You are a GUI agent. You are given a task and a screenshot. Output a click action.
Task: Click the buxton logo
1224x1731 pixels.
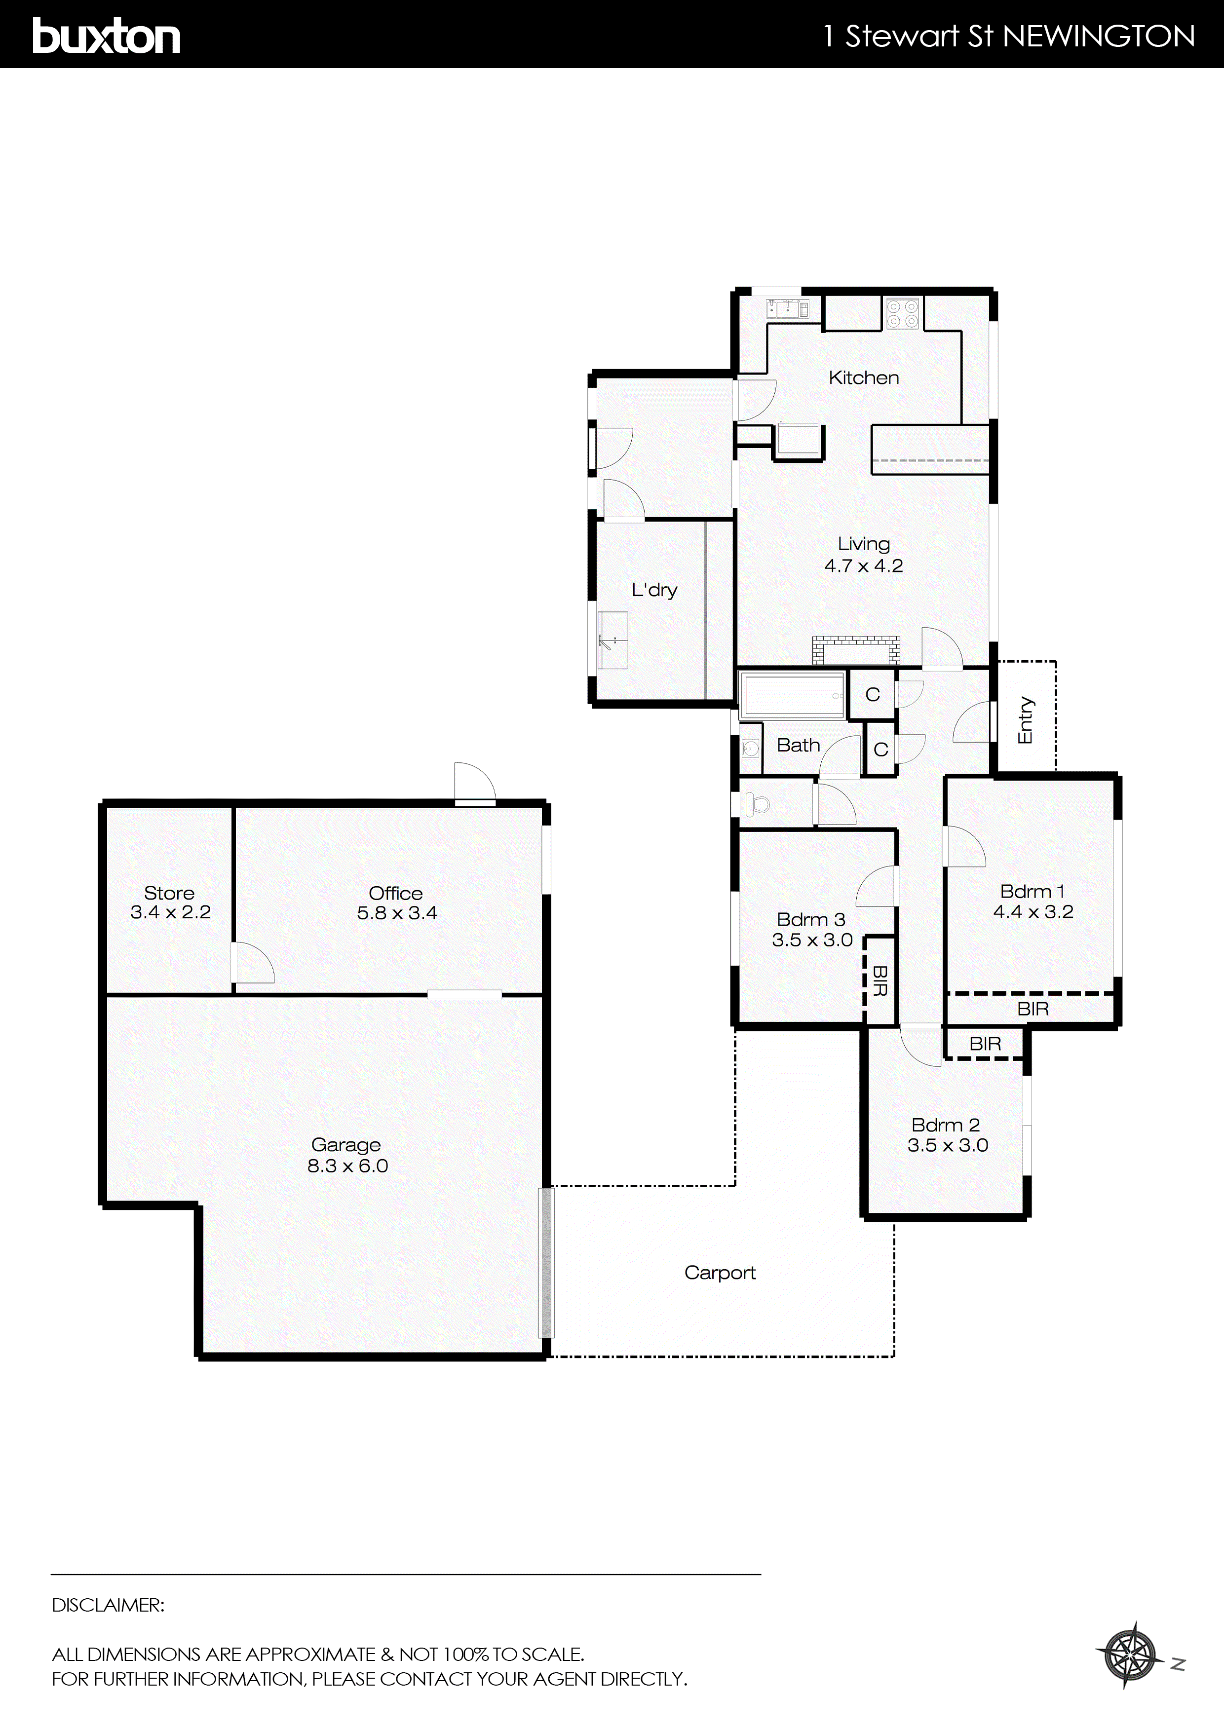pyautogui.click(x=106, y=36)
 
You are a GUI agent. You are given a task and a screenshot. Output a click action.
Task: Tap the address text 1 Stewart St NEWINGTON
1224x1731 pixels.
pyautogui.click(x=1009, y=36)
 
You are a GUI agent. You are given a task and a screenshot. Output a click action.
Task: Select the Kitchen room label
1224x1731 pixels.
pyautogui.click(x=864, y=377)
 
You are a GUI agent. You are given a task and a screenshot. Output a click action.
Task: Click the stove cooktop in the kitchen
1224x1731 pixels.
pyautogui.click(x=903, y=314)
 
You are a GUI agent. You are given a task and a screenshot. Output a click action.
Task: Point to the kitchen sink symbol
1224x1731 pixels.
pyautogui.click(x=787, y=308)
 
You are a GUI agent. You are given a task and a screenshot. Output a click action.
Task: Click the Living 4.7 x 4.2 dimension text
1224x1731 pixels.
pyautogui.click(x=864, y=565)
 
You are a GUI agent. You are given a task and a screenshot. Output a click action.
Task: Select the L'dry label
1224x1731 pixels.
pyautogui.click(x=654, y=590)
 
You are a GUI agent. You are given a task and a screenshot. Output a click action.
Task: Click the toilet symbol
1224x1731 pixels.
pyautogui.click(x=757, y=804)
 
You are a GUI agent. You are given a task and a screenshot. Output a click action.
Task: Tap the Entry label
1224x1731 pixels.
pyautogui.click(x=1025, y=720)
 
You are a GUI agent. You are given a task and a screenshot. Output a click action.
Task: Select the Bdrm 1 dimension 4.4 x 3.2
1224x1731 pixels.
pyautogui.click(x=1033, y=911)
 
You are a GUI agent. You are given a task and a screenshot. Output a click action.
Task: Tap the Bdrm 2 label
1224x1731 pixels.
pyautogui.click(x=945, y=1125)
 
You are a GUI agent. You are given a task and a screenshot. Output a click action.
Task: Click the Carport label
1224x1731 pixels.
pyautogui.click(x=720, y=1273)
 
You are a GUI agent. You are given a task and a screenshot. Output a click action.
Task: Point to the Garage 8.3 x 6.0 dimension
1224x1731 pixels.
pyautogui.click(x=347, y=1166)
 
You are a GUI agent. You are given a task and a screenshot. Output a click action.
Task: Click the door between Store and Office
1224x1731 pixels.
pyautogui.click(x=252, y=963)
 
